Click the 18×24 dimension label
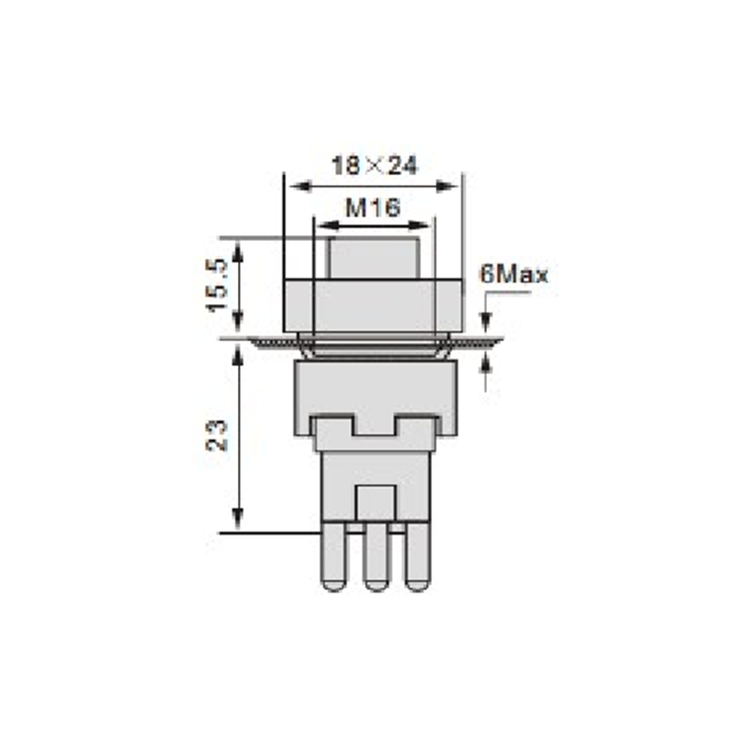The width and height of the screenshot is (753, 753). pos(375,166)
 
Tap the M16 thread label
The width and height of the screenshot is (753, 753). pos(373,207)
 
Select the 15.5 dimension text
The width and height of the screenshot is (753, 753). pos(217,285)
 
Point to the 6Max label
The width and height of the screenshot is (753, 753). pos(514,275)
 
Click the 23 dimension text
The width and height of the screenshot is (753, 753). pos(216,436)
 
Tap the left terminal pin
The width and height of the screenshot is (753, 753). pos(333,556)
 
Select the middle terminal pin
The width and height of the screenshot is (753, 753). pos(376,556)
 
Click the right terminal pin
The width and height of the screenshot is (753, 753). pos(418,556)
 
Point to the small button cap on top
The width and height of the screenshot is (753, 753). pos(374,258)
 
